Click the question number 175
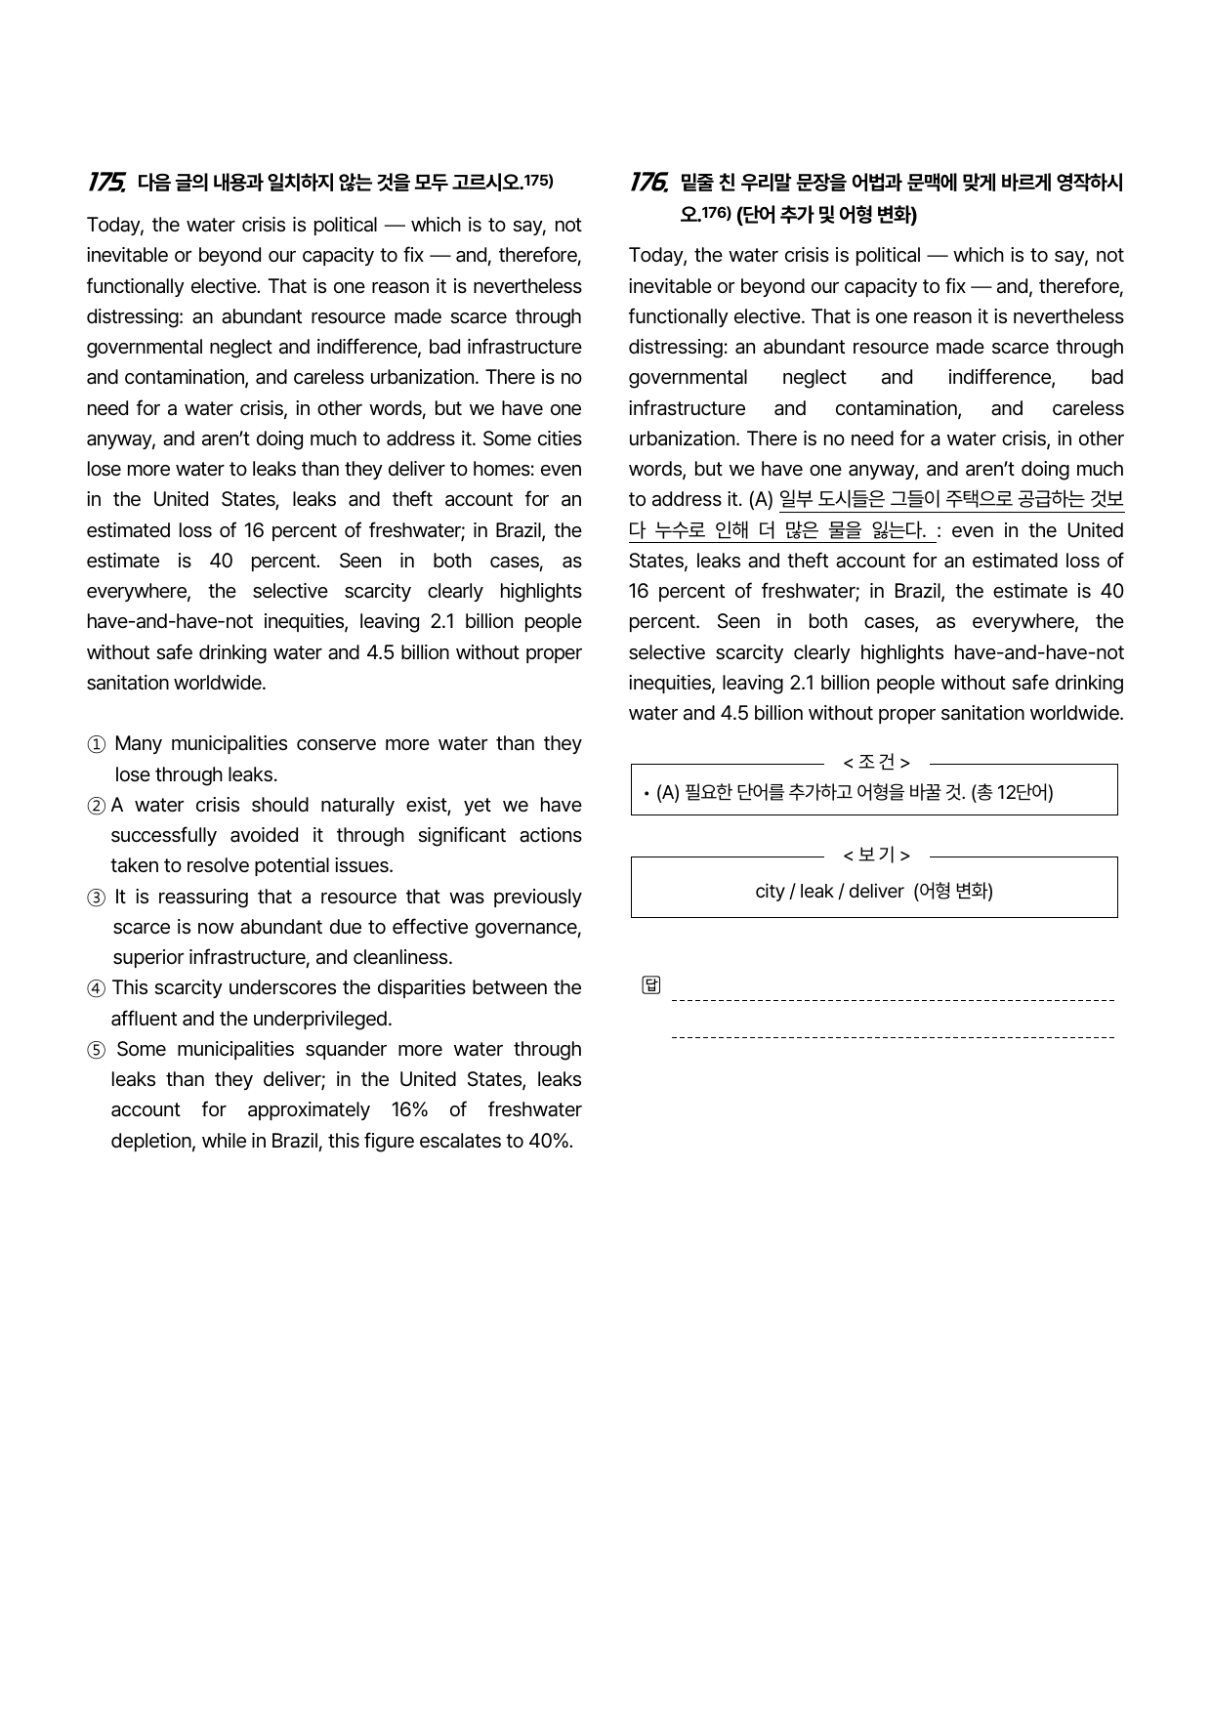tap(105, 182)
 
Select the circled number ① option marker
tap(96, 745)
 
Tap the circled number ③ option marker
tap(96, 898)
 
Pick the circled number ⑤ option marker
tap(96, 1050)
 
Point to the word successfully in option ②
tap(163, 835)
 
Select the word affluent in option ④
tap(144, 1019)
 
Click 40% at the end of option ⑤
tap(549, 1141)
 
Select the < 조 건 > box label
tap(876, 763)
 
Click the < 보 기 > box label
tap(876, 856)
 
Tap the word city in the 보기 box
tap(770, 891)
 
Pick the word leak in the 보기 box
tap(816, 891)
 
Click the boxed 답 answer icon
tap(651, 984)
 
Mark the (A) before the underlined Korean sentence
tap(761, 500)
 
